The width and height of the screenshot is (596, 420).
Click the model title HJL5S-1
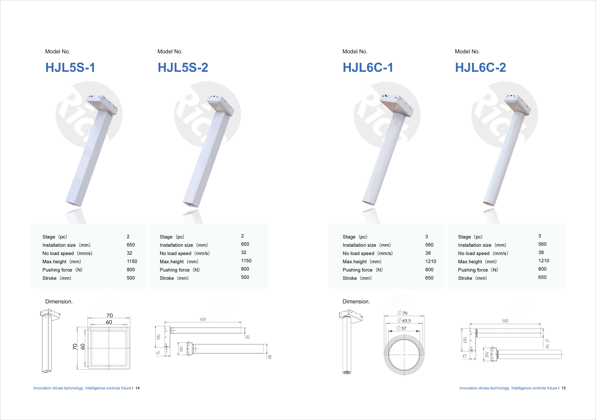pos(70,68)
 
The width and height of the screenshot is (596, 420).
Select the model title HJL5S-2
pos(183,68)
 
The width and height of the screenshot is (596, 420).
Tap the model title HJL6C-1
pos(368,68)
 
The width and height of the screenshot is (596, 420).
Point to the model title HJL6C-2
pos(480,68)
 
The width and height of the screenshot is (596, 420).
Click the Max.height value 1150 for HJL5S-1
pos(132,261)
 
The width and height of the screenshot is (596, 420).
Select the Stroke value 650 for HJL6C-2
pos(542,277)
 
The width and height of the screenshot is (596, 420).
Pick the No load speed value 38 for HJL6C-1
pos(428,253)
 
